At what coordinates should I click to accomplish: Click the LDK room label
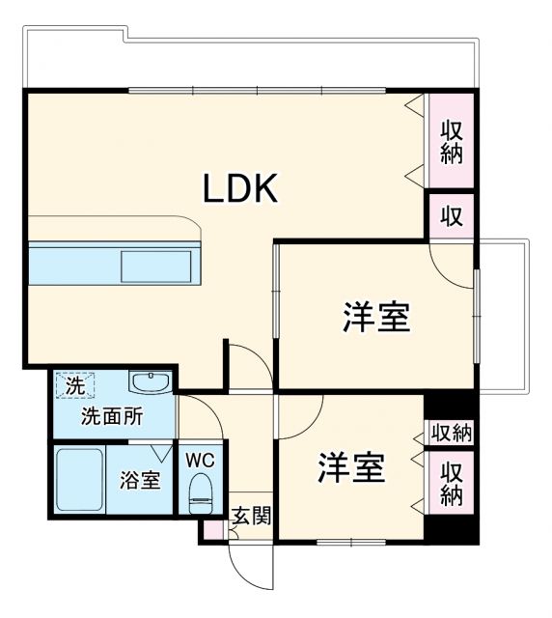coord(240,188)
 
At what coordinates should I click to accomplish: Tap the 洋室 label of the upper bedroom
coord(375,317)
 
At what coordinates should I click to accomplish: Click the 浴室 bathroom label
coord(140,480)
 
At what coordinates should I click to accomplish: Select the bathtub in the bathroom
coord(78,481)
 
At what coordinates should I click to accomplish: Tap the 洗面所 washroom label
coord(112,418)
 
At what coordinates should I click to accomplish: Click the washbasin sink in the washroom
coord(150,383)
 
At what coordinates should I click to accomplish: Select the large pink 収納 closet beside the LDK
coord(452,141)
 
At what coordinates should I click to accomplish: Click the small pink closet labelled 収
coord(452,214)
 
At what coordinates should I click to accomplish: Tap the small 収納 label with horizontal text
coord(451,433)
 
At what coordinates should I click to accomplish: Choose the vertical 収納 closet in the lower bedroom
coord(451,483)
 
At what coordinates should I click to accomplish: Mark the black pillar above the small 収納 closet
coord(452,406)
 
